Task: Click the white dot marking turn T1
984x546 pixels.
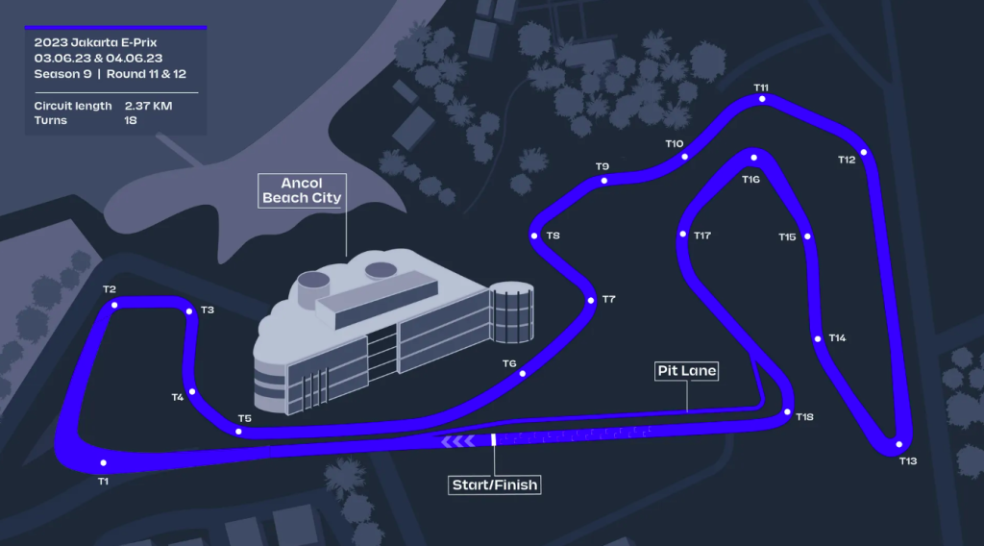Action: [104, 463]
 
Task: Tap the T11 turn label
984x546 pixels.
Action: [761, 87]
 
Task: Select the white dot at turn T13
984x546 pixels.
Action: [899, 444]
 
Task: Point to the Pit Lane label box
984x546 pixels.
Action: [686, 371]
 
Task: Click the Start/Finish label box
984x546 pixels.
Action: [495, 485]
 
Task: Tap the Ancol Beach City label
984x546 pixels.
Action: [302, 190]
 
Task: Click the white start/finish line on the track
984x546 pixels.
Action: [493, 440]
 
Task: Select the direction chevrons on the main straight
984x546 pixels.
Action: [457, 442]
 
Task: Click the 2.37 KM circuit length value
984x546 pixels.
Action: [148, 106]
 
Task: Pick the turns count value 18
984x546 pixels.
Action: [131, 120]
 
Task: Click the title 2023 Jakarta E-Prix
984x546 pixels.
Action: [95, 42]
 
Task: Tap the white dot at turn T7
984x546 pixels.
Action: [591, 301]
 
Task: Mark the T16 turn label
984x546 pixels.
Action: [750, 180]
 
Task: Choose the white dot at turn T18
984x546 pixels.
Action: [788, 412]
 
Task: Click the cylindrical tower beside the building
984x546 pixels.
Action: [511, 311]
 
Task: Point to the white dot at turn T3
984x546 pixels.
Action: [189, 311]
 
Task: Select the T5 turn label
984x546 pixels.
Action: [245, 418]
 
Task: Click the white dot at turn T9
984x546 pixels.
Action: [603, 181]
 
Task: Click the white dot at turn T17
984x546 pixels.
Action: [683, 235]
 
